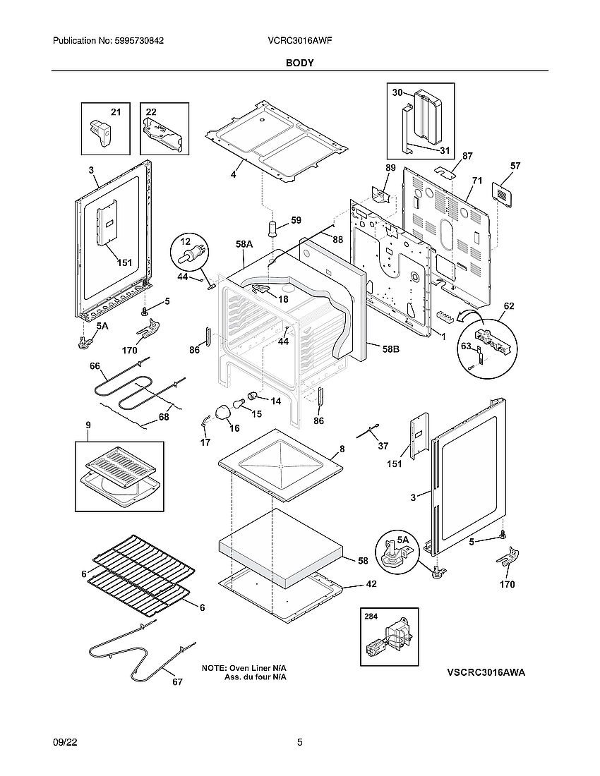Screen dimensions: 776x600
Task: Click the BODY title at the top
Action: [300, 63]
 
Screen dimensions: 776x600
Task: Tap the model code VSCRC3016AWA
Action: [486, 673]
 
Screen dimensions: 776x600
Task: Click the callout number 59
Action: [296, 220]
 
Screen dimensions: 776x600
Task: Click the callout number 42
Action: [371, 584]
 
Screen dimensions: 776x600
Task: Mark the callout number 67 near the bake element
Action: [177, 681]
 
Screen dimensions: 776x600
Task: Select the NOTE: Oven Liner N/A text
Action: [244, 667]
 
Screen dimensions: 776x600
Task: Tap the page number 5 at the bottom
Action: [300, 742]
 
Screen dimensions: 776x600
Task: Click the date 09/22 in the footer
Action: [64, 742]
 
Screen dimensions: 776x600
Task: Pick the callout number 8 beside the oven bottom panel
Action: [342, 449]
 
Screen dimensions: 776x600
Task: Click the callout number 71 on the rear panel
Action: [477, 181]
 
